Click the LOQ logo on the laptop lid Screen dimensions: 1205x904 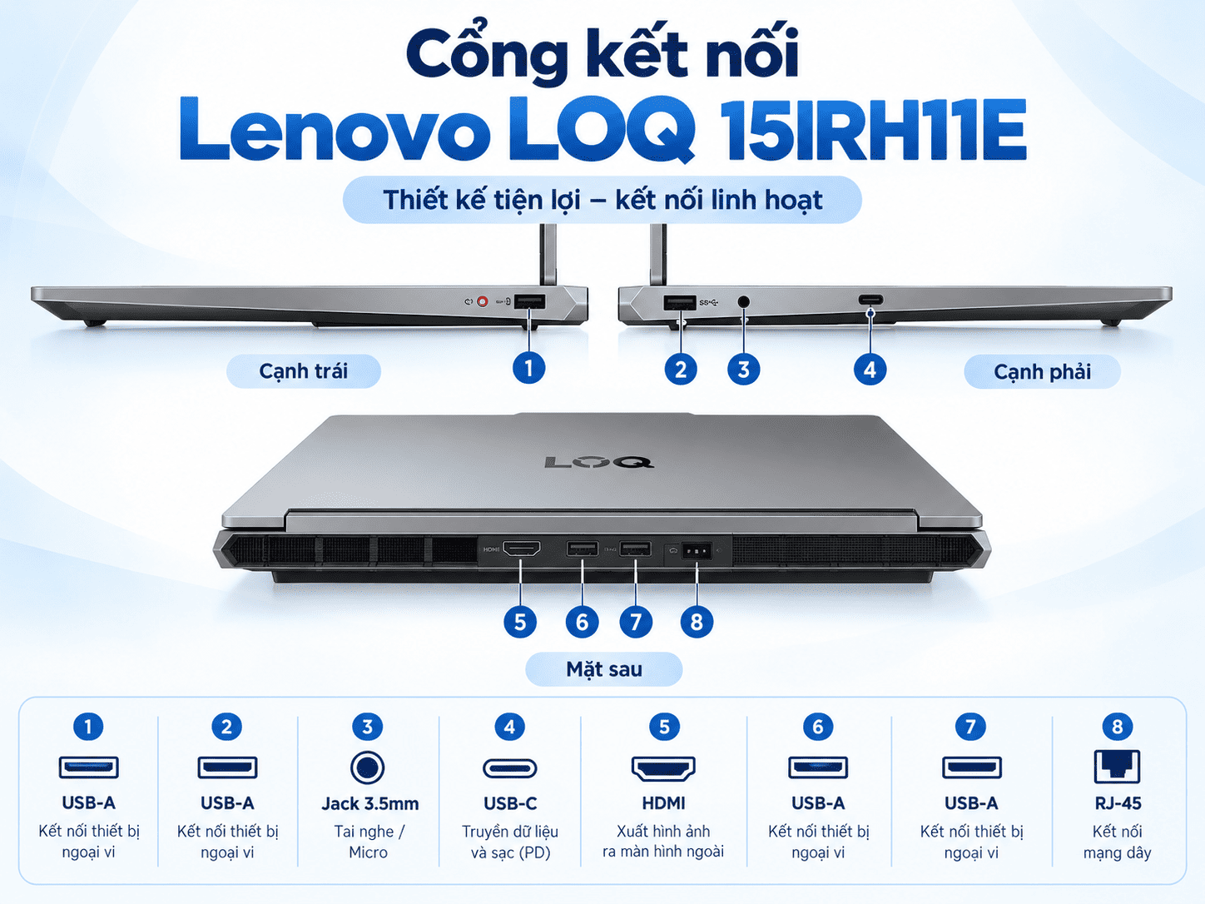598,462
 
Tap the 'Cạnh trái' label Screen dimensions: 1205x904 303,371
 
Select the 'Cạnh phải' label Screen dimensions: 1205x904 1042,371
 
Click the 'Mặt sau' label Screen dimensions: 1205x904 604,669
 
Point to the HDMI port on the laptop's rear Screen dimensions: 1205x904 522,548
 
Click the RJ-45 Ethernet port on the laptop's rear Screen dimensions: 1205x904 696,550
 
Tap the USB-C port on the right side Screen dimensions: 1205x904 871,300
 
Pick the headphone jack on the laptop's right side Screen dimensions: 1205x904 743,301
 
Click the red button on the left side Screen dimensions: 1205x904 482,301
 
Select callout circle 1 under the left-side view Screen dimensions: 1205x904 528,368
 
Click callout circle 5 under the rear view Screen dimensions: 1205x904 520,622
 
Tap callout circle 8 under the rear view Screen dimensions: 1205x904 697,622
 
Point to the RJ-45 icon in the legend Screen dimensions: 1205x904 1117,766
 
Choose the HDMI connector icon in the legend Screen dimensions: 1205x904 663,768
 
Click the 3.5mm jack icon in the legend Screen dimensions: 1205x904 367,767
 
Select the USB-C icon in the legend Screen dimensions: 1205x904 510,767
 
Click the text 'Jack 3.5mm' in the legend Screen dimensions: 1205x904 370,803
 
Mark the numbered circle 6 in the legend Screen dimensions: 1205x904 818,727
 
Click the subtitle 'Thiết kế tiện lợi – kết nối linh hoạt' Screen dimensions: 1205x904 602,200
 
